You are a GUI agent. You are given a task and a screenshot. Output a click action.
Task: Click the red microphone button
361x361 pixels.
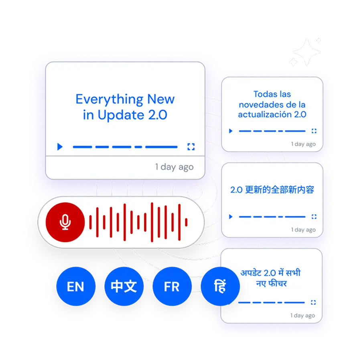click(x=65, y=222)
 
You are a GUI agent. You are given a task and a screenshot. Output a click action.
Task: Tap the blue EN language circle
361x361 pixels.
click(x=75, y=287)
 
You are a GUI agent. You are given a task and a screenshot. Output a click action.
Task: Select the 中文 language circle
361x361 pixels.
click(x=124, y=286)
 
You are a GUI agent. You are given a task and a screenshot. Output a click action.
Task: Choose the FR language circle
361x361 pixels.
click(x=172, y=287)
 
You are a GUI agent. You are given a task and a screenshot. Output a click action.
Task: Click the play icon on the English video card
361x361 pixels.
click(x=60, y=147)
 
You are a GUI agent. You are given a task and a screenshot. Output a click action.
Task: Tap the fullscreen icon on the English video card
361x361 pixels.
click(x=191, y=147)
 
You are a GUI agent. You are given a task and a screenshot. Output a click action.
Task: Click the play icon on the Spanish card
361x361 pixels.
click(x=231, y=131)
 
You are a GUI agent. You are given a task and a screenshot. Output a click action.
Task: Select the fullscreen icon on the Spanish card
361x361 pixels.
click(x=314, y=131)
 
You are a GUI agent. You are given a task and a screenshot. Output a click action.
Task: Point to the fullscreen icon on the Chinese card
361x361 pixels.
click(x=314, y=217)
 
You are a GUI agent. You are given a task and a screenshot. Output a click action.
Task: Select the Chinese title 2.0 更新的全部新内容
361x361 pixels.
click(x=272, y=190)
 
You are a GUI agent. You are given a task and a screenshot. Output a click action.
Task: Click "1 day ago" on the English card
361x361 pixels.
click(x=174, y=167)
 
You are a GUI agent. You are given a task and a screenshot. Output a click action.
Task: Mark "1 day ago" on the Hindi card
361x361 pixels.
click(x=303, y=315)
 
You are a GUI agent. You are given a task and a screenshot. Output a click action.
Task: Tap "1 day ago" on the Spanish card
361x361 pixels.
click(x=303, y=144)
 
